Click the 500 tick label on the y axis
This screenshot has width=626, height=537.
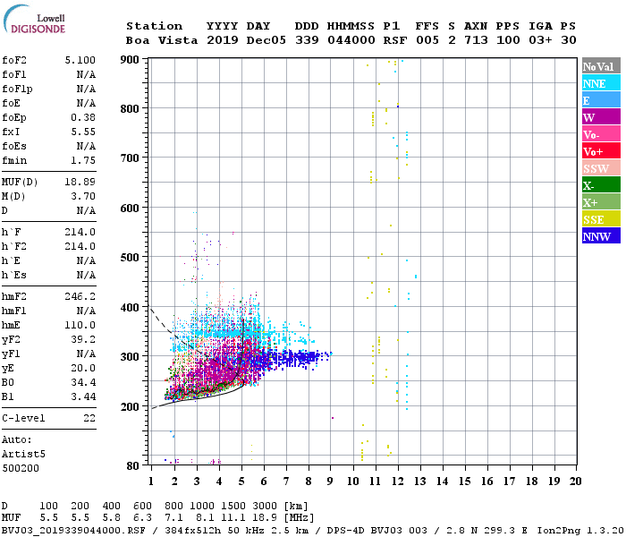(x=132, y=258)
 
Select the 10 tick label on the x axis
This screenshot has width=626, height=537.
(x=353, y=481)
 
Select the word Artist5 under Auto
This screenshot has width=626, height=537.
(x=23, y=454)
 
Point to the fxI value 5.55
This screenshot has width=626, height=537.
(x=83, y=132)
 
